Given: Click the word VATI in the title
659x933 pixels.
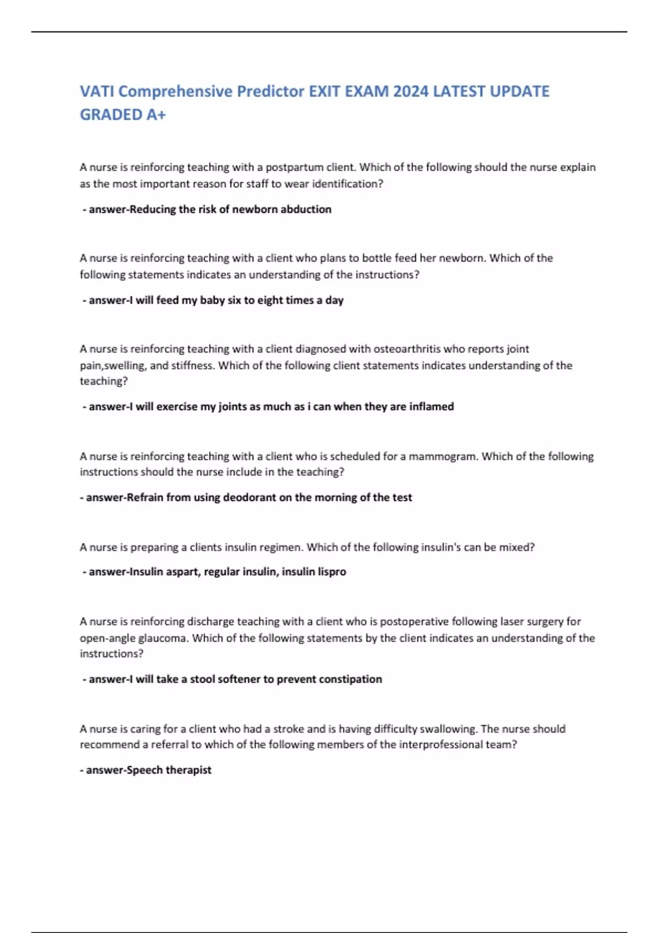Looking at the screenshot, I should coord(97,91).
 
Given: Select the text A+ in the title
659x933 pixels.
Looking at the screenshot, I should coord(155,115).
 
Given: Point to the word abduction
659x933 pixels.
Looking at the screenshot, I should coord(306,209).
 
